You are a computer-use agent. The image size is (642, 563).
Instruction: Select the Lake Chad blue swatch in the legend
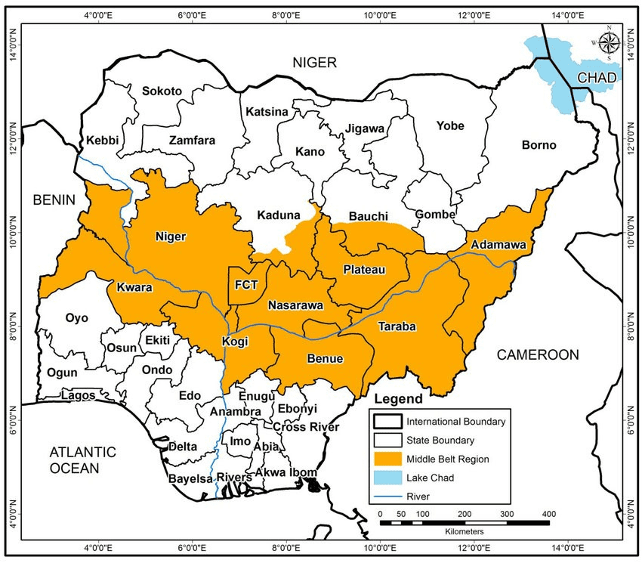click(385, 478)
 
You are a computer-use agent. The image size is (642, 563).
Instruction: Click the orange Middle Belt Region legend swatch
click(385, 459)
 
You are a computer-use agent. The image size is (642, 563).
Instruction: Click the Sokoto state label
click(162, 91)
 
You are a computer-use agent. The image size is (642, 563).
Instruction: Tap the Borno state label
click(539, 144)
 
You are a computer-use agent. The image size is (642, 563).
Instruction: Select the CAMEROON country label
click(538, 354)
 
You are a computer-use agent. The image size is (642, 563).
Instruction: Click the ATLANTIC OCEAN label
click(83, 460)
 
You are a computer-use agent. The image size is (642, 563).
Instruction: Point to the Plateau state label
click(365, 270)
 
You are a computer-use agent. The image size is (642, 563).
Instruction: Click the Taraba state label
click(397, 326)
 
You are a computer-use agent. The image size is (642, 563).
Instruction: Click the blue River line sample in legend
click(385, 496)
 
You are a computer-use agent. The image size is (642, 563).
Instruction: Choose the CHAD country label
click(597, 78)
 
